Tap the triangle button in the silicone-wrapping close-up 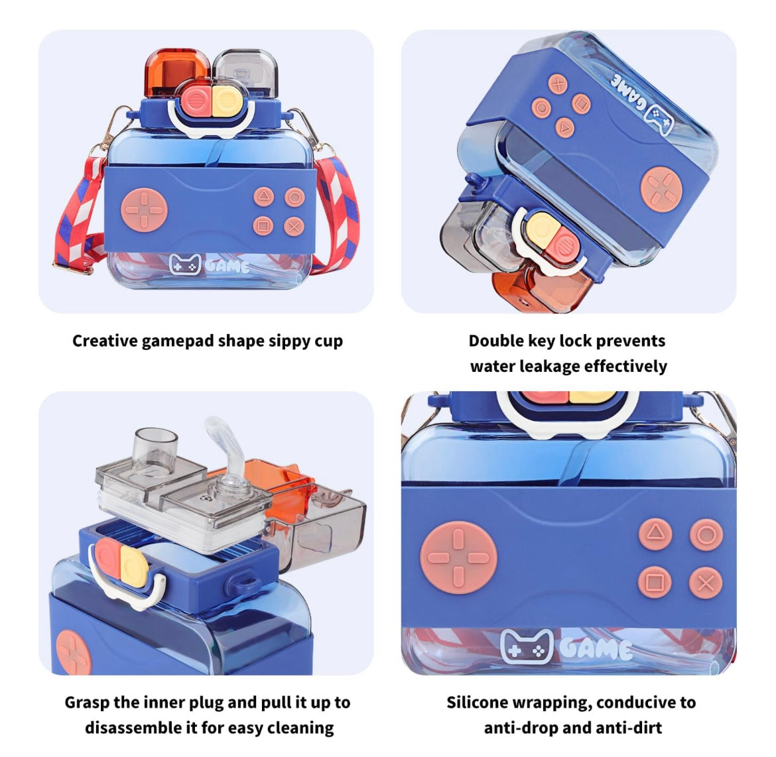[x=655, y=534]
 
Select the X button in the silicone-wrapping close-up [x=706, y=583]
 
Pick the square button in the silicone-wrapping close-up [x=655, y=583]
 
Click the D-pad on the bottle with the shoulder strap [x=145, y=209]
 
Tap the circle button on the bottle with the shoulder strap [x=294, y=198]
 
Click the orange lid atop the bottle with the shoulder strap [x=175, y=72]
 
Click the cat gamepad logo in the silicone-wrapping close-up [x=527, y=646]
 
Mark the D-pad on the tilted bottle [x=662, y=189]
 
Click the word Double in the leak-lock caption [x=496, y=341]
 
